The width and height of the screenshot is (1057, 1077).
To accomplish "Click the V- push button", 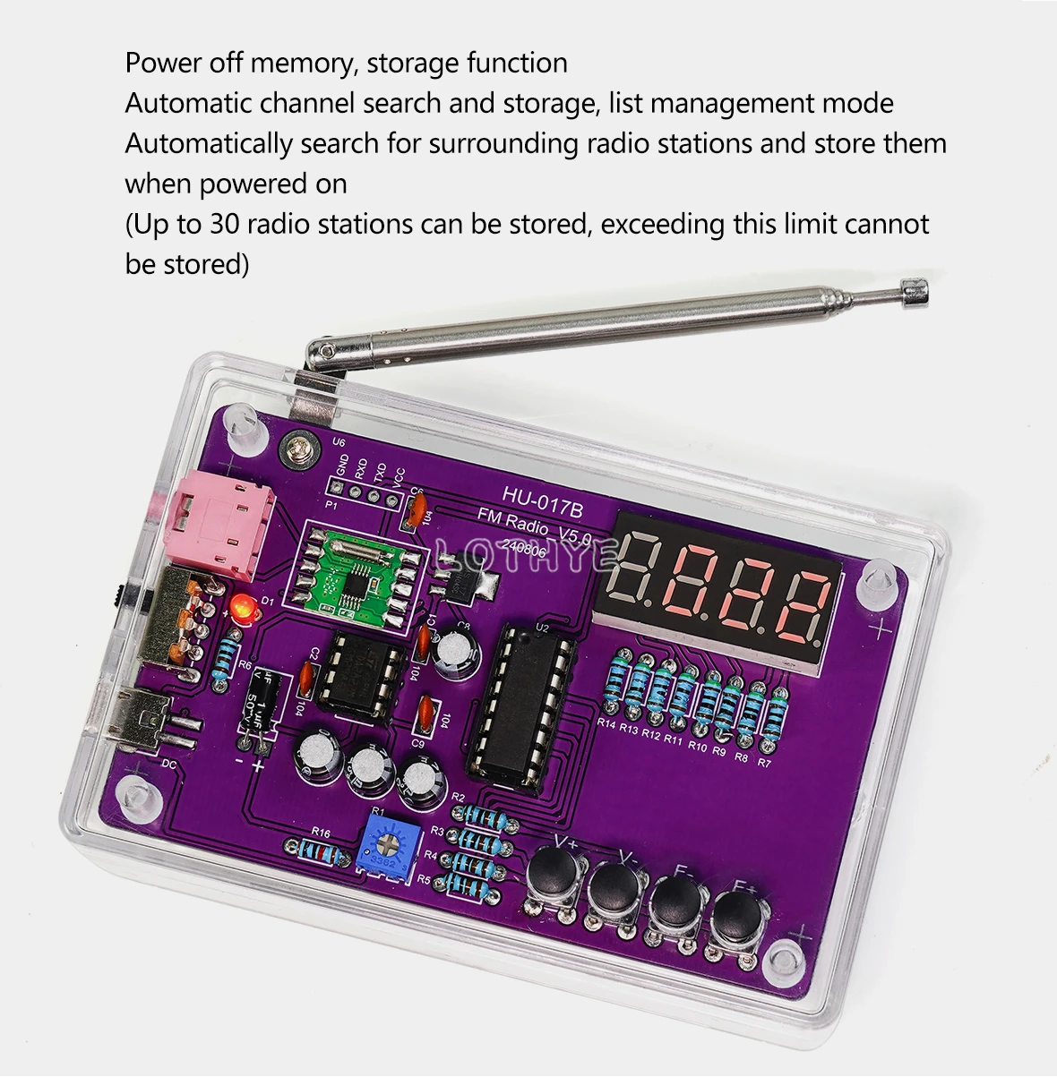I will click(x=615, y=885).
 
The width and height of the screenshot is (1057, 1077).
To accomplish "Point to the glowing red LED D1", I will click(x=240, y=609).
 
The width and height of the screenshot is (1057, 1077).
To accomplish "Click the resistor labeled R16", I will click(x=315, y=850).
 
